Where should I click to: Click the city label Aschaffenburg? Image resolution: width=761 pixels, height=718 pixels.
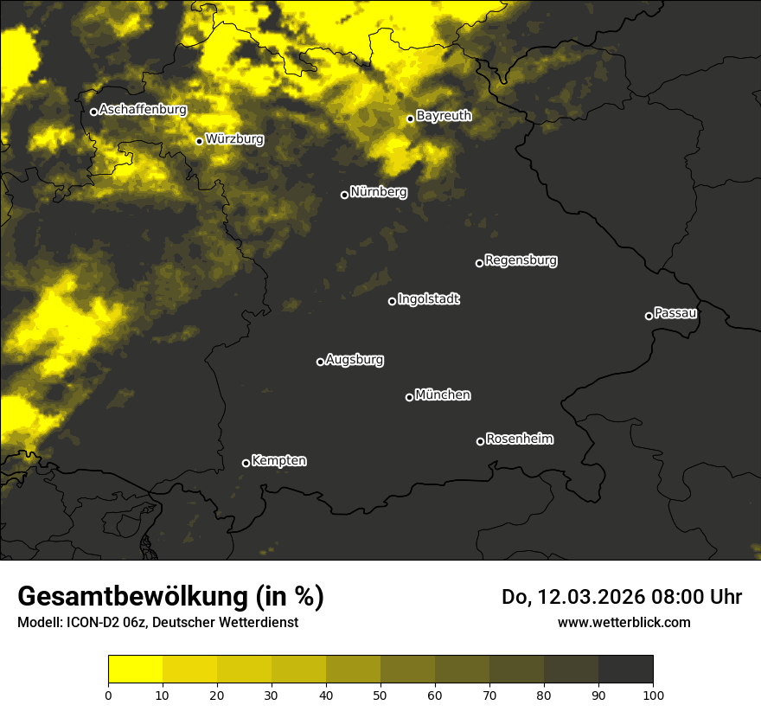pos(143,110)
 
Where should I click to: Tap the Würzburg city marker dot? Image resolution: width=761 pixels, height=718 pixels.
pos(199,141)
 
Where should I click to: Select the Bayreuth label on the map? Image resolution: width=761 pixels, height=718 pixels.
pos(444,116)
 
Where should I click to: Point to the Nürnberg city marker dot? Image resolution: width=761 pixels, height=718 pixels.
pos(344,195)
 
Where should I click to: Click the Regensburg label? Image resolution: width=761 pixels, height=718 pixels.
pos(521,260)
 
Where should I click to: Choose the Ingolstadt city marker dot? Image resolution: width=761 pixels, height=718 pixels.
pos(392,301)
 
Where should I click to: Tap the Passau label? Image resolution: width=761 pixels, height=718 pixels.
pos(675,313)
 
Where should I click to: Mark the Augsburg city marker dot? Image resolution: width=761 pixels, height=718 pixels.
pos(320,362)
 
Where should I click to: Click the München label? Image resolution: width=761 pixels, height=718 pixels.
pos(443,395)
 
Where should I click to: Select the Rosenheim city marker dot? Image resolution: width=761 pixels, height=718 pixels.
pos(480,441)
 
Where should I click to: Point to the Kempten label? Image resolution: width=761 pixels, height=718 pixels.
pos(278,461)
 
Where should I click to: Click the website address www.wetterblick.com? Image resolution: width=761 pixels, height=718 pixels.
pos(624,622)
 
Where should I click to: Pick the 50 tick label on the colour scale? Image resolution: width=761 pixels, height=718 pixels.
pos(380,695)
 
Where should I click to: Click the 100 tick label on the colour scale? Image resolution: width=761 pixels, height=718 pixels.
pos(652,695)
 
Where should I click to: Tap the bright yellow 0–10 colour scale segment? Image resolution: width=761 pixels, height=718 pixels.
pos(135,670)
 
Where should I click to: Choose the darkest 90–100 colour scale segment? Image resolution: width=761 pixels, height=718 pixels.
pos(625,670)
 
